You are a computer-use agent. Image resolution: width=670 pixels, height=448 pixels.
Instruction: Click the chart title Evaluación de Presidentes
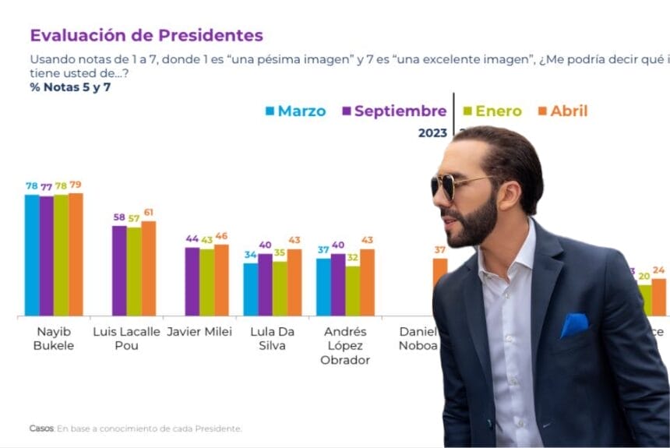pyautogui.click(x=146, y=35)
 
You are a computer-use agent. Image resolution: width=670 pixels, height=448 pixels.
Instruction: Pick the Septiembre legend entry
pyautogui.click(x=393, y=111)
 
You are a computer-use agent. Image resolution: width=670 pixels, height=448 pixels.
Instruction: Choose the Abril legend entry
pyautogui.click(x=563, y=111)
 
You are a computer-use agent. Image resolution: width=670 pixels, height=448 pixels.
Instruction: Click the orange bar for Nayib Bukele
pyautogui.click(x=76, y=254)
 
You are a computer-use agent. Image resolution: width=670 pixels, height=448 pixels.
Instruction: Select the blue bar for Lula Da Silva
pyautogui.click(x=250, y=289)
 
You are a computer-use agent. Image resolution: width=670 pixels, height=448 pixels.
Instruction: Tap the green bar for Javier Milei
pyautogui.click(x=206, y=282)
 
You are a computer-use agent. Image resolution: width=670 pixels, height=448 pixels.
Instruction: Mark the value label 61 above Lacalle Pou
pyautogui.click(x=148, y=213)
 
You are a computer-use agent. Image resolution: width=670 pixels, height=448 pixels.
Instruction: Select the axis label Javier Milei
pyautogui.click(x=199, y=332)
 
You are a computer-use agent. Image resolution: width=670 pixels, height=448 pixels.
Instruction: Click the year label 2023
pyautogui.click(x=432, y=133)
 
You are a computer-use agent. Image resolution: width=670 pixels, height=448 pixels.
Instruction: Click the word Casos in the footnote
pyautogui.click(x=41, y=429)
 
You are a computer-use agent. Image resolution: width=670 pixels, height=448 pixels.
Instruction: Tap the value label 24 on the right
pyautogui.click(x=659, y=270)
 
